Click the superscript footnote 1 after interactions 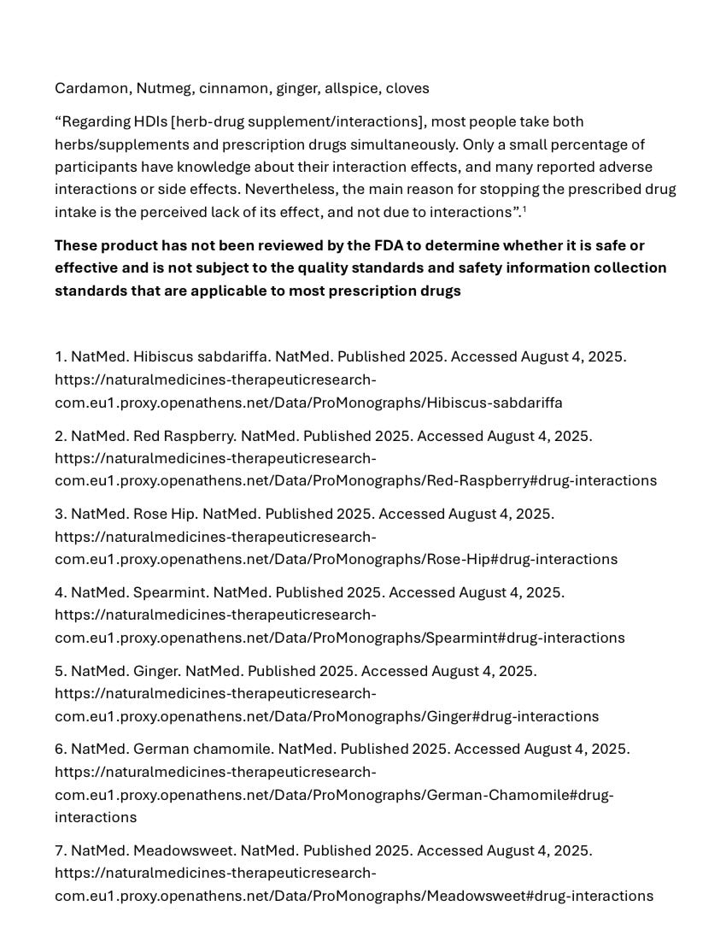click(x=524, y=209)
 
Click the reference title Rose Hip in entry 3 click(x=159, y=514)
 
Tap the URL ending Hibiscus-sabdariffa click(x=308, y=402)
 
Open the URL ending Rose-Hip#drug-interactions click(x=336, y=559)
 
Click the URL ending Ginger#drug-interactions click(x=326, y=716)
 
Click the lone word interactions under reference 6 click(x=96, y=817)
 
